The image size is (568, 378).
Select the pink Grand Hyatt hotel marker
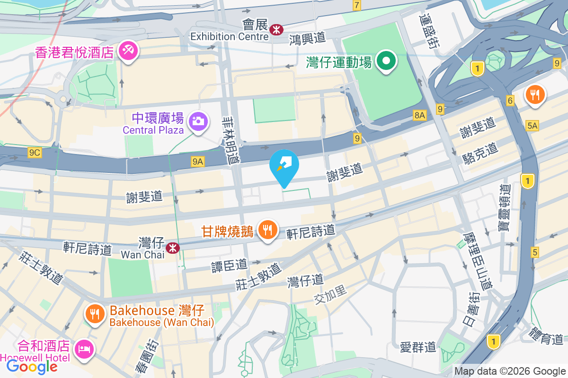click(x=128, y=51)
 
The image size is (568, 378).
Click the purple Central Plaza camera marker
click(x=198, y=121)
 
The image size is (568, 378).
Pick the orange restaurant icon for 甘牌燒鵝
click(x=267, y=230)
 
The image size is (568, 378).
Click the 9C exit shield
click(x=35, y=152)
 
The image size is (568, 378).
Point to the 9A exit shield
click(x=198, y=162)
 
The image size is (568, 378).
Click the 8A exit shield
click(x=419, y=114)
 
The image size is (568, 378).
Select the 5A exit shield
click(x=532, y=125)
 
